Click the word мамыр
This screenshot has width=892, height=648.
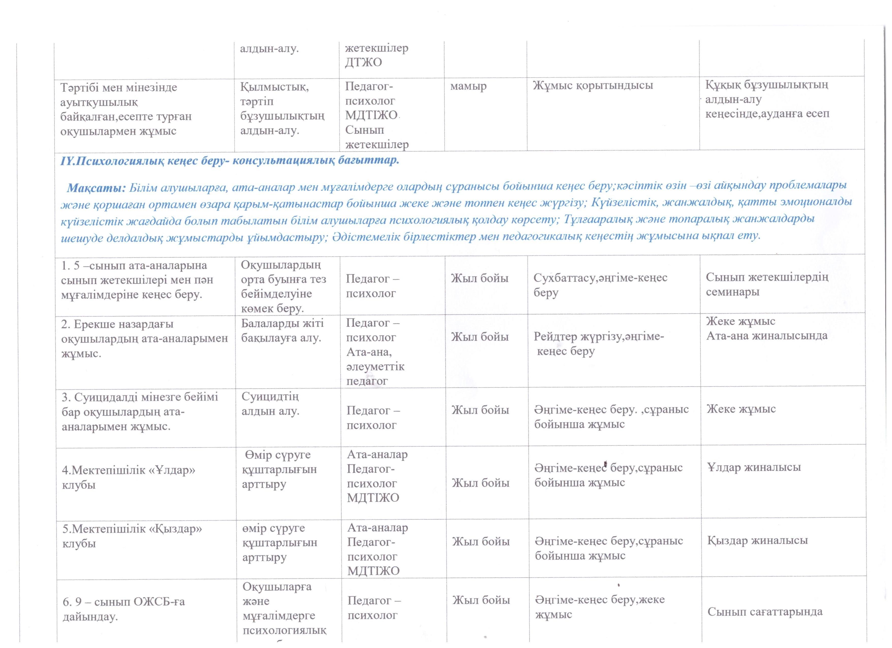coord(468,86)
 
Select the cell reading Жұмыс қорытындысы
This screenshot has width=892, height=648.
coord(593,86)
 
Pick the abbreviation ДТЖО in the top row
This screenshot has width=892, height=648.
coord(363,62)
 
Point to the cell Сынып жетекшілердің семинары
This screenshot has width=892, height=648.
coord(767,284)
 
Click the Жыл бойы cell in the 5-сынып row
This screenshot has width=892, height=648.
coord(480,278)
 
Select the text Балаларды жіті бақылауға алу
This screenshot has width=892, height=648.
coord(282,330)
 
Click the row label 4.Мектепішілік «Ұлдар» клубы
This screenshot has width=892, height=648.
coord(128,477)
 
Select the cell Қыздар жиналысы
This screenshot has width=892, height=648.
coord(757,540)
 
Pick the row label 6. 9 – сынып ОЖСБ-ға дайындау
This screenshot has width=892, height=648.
coord(124,609)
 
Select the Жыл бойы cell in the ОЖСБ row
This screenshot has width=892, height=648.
coord(481,600)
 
